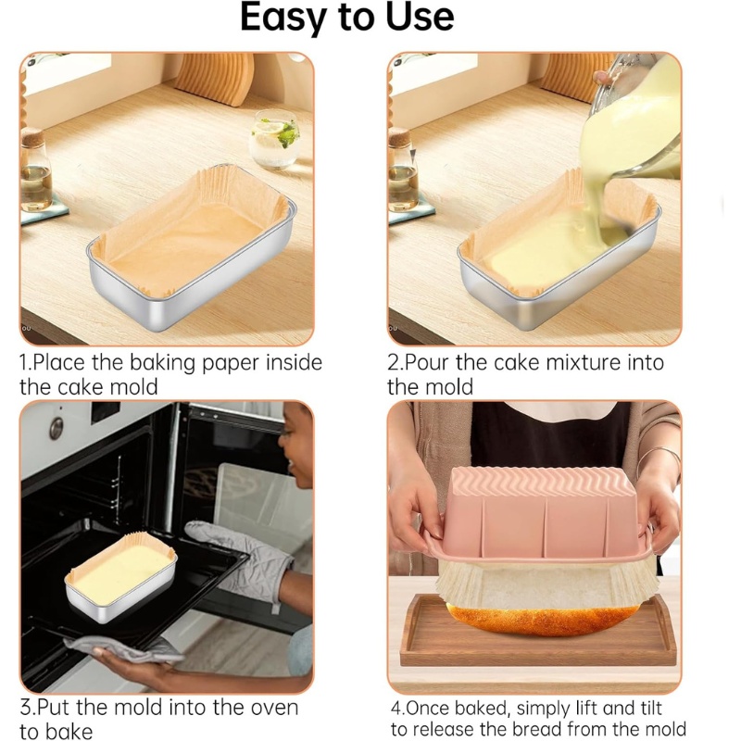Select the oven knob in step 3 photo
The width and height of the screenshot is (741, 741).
(57, 428)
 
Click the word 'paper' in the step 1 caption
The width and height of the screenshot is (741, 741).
(222, 362)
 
